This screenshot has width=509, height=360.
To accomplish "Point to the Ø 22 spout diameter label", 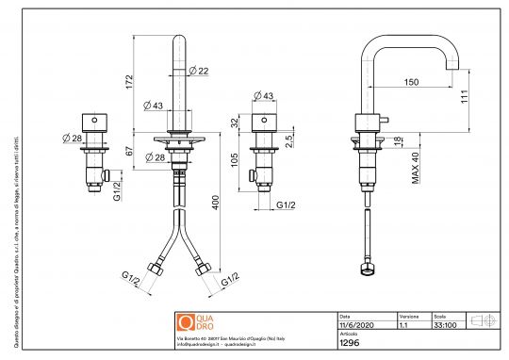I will pos(198,71).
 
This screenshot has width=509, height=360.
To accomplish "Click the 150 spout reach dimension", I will pos(410,82).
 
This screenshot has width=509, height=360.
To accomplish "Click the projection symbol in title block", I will pos(482,320).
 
